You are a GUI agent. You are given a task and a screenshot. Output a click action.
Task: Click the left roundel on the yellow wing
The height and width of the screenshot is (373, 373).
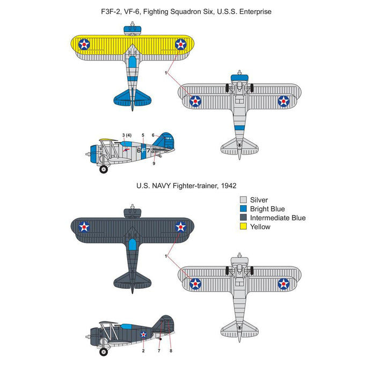(x=84, y=45)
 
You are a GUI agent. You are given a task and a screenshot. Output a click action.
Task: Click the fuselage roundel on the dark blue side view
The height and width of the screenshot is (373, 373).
(x=144, y=334)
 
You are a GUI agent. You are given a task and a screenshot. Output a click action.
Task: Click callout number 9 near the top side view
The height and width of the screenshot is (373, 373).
(x=153, y=163)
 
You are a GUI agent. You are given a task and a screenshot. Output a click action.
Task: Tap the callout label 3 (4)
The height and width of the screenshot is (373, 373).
(x=127, y=135)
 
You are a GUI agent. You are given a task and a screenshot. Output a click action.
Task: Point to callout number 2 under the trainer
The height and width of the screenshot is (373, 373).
(x=143, y=350)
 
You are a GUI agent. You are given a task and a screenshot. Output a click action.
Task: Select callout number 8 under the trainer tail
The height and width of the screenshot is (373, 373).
(x=171, y=350)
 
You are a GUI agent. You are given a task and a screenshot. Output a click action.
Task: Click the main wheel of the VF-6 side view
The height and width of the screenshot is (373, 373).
(x=104, y=170)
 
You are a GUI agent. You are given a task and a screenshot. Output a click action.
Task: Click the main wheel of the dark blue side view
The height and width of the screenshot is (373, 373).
(x=104, y=351)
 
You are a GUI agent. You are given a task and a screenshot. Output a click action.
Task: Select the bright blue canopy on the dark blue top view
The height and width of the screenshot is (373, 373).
(x=132, y=246)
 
